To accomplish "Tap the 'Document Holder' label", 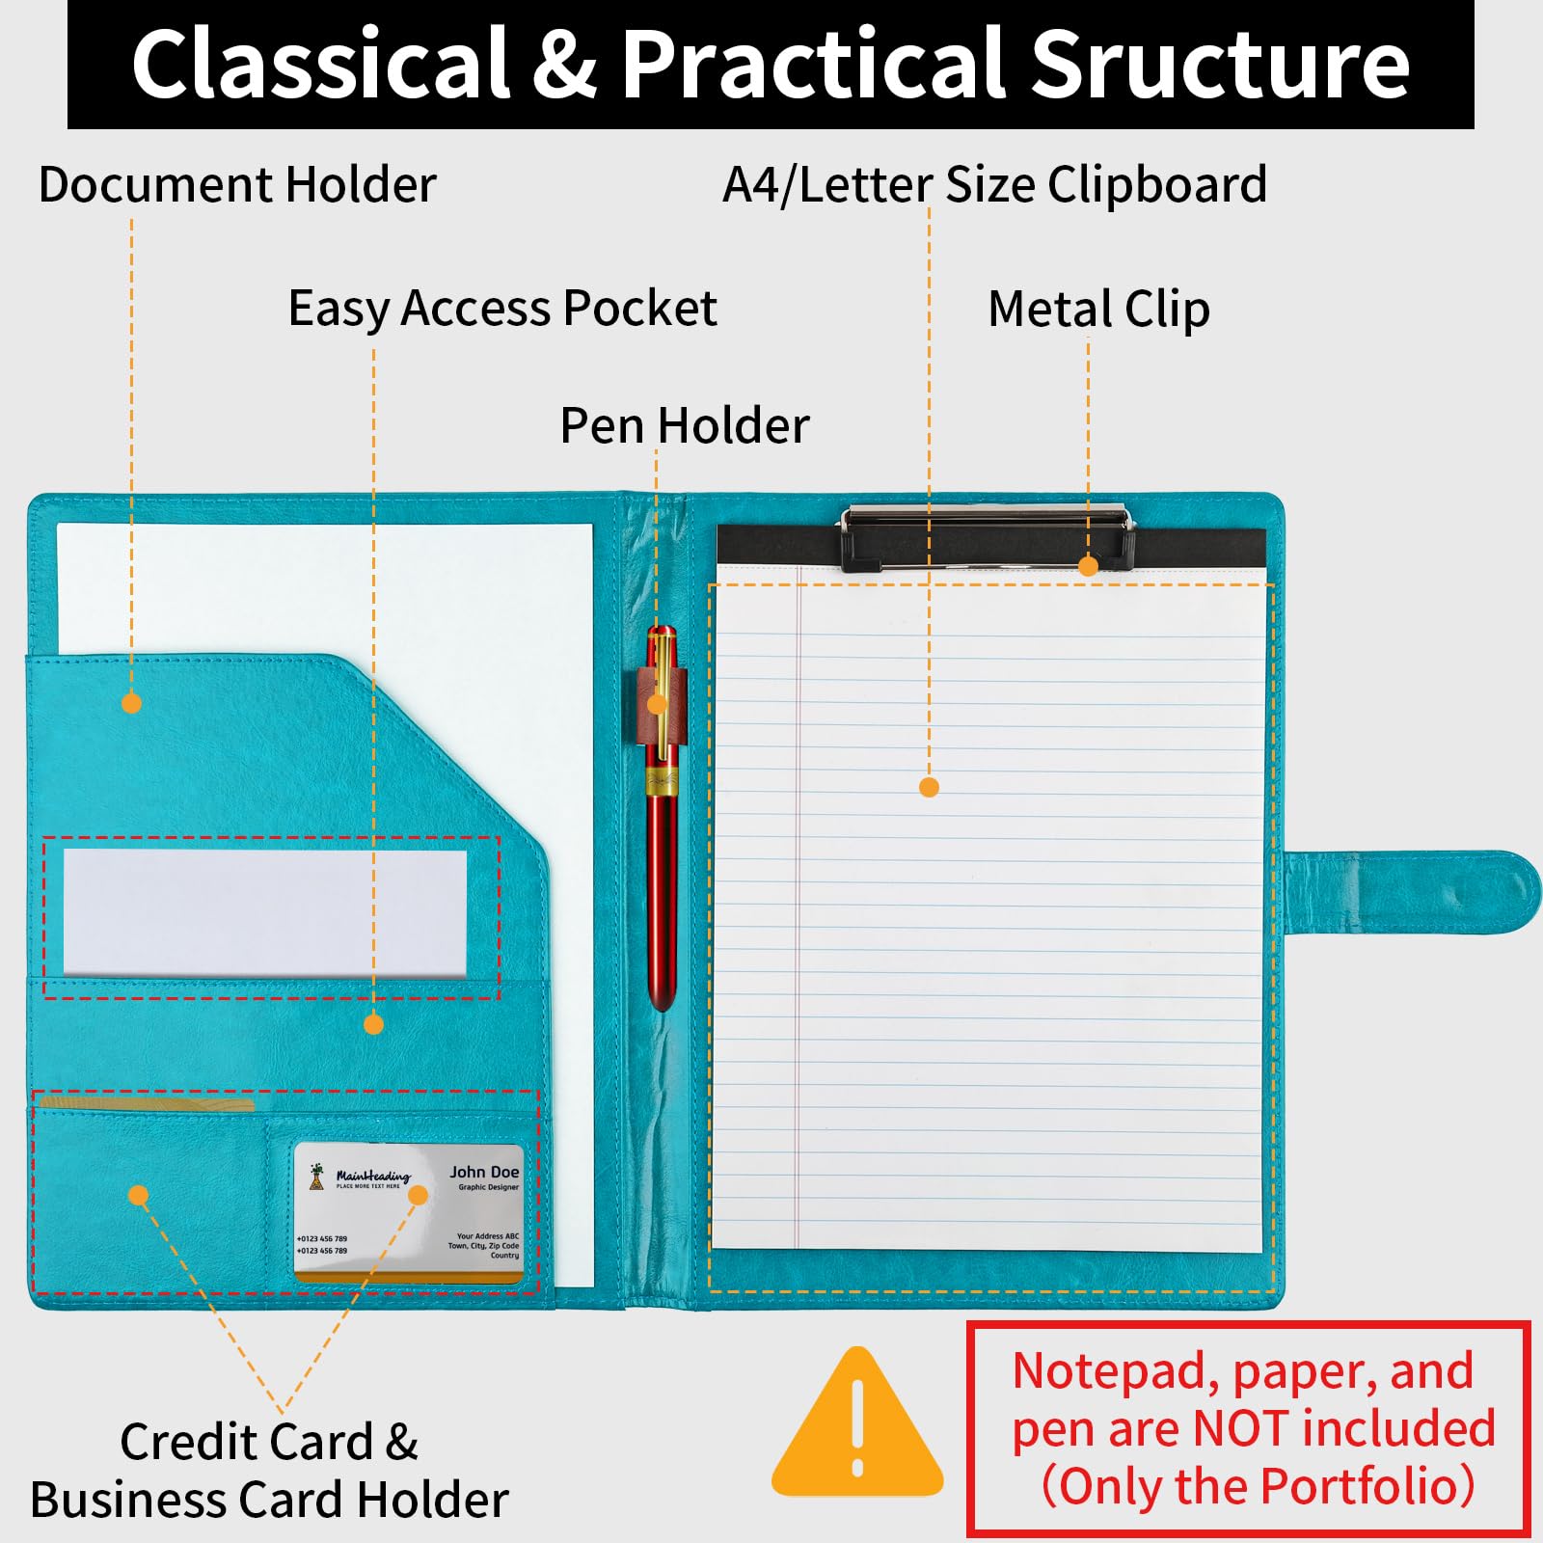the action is point(237,184).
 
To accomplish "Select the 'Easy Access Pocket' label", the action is point(502,309).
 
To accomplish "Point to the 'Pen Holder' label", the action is point(685,425).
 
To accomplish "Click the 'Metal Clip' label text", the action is point(1098,310).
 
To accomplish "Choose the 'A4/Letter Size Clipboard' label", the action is point(994,184).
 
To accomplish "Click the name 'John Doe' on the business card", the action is point(484,1172).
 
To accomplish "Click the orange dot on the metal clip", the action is point(1088,566).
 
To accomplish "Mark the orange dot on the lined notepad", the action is point(929,788).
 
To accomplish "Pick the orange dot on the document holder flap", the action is point(132,703).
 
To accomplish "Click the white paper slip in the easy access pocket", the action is point(264,912).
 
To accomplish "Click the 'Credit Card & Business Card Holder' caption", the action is point(269,1471).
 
